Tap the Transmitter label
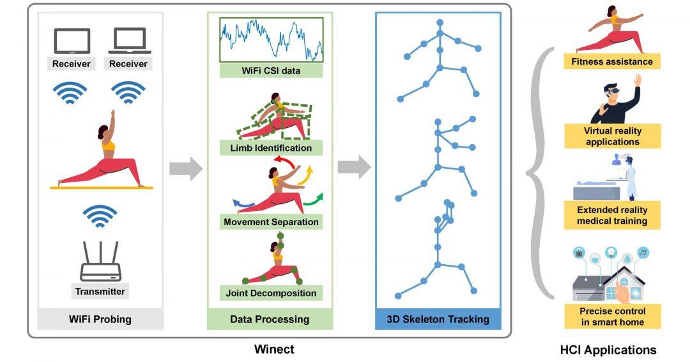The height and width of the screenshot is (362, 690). (100, 292)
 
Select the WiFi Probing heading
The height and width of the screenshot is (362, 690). (100, 319)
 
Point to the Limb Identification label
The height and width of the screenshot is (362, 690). (271, 148)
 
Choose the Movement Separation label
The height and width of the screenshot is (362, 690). (271, 223)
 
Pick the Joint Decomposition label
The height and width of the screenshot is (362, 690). (271, 294)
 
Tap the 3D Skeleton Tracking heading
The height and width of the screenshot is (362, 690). (438, 319)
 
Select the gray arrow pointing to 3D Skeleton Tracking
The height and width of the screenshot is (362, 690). (354, 168)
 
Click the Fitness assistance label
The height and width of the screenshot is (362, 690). (612, 62)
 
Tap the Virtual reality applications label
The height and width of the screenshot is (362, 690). (612, 136)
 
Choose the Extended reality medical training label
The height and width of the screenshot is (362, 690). (612, 216)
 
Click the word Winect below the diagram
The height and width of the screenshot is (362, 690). (274, 349)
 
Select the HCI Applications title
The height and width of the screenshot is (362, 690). (608, 350)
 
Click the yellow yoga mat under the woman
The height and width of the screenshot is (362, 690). (102, 187)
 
